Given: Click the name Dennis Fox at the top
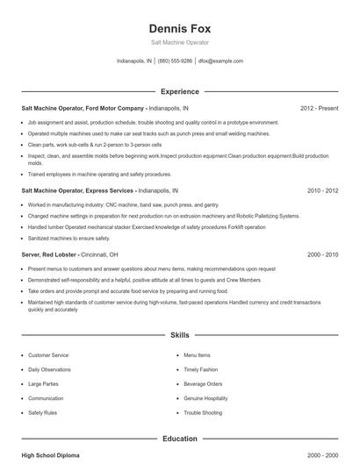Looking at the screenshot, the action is coord(179,28).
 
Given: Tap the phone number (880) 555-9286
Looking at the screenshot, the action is coord(175,61).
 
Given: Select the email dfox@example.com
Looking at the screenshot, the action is coord(220,61).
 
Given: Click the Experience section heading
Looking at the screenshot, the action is coord(179,91).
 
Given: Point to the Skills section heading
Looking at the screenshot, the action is coord(179,335).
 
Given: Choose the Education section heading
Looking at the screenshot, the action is coord(179,438).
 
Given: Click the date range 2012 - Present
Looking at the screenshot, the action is coord(319,108).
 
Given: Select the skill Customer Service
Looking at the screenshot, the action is coord(48,355).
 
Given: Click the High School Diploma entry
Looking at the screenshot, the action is coord(51,456).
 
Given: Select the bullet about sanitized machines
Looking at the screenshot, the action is coord(69,238).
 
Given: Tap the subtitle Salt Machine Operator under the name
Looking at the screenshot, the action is coord(179,42).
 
